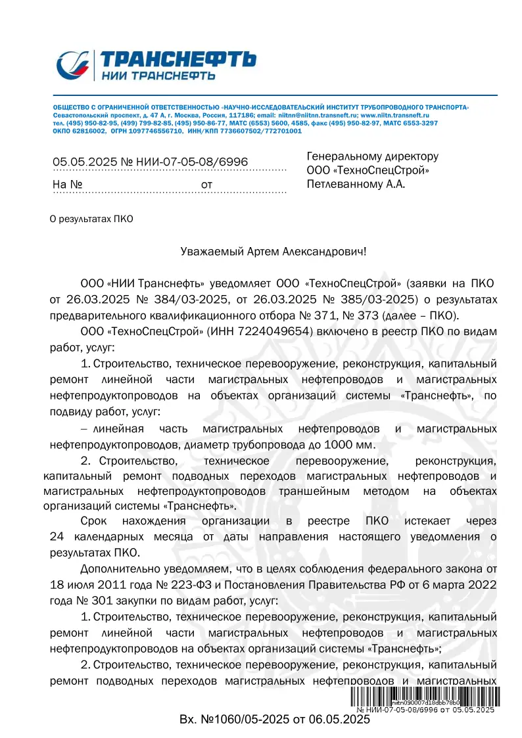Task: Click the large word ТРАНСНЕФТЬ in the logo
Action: pos(178,59)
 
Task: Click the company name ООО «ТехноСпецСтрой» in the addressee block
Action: pos(368,170)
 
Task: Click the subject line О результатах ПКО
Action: pos(91,219)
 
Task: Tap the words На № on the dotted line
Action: pos(67,185)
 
